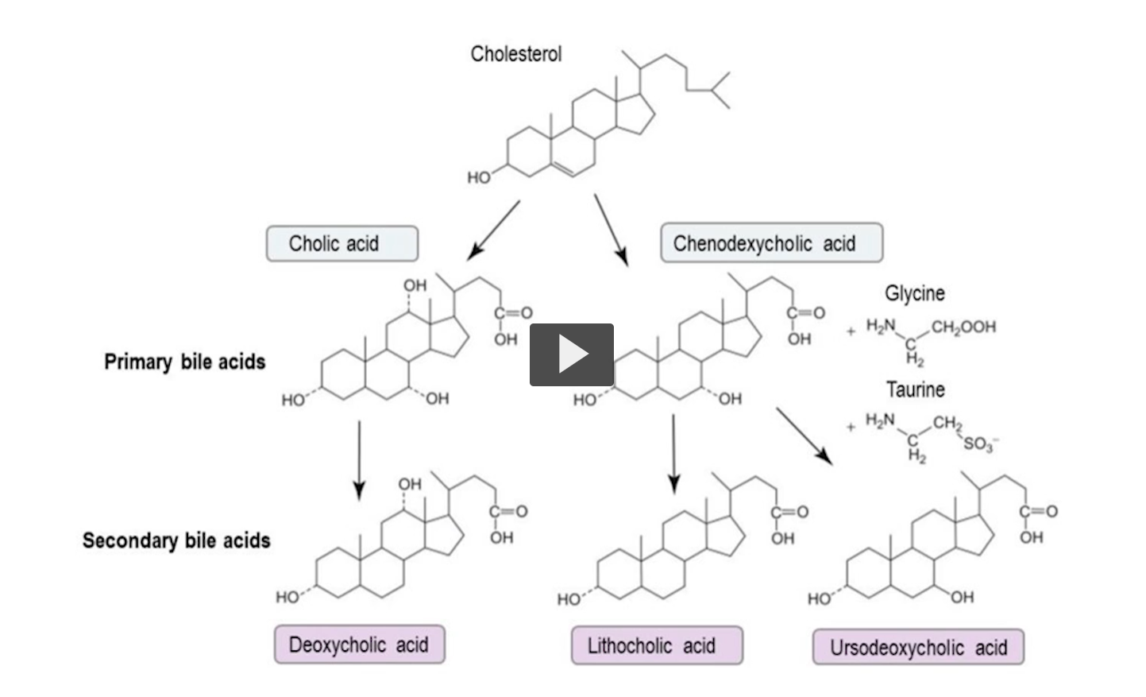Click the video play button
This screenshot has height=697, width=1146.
[x=572, y=354]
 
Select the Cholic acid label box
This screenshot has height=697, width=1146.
[x=341, y=243]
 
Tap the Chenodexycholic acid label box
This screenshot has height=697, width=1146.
[x=770, y=243]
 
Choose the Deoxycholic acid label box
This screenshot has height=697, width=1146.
[x=359, y=645]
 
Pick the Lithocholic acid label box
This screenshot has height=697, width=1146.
[x=656, y=645]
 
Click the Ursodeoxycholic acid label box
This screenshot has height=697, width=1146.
[x=918, y=648]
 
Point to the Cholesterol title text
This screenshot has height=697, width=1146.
[x=515, y=54]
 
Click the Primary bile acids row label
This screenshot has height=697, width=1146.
[x=184, y=362]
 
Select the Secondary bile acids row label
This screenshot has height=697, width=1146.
[x=176, y=540]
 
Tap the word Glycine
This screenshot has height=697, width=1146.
[x=915, y=293]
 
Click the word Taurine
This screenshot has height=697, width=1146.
[x=915, y=389]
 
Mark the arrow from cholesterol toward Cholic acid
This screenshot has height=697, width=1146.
[x=494, y=230]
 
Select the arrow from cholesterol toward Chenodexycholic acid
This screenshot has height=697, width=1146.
[x=611, y=230]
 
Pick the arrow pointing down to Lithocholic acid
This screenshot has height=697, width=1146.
[x=673, y=453]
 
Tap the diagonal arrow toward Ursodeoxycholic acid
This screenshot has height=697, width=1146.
[x=804, y=436]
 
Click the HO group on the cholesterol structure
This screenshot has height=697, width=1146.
[x=478, y=177]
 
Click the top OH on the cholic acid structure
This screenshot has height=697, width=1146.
[x=415, y=285]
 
